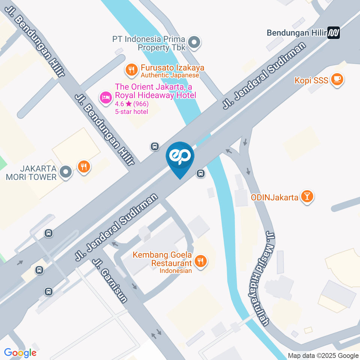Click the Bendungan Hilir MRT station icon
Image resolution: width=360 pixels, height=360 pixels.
(x=333, y=33)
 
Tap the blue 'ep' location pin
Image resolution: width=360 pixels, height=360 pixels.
(x=180, y=157)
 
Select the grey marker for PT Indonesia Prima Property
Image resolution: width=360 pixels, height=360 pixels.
(x=194, y=43)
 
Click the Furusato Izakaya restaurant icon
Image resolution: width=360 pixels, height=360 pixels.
(x=131, y=69)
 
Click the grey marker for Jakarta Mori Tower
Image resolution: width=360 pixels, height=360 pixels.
(x=66, y=172)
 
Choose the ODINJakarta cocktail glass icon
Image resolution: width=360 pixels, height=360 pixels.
(x=307, y=196)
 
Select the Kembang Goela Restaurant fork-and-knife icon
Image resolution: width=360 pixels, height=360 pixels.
(x=201, y=261)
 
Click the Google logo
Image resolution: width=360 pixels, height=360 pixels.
(x=20, y=352)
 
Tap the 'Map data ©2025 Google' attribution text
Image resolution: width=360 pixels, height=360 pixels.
(x=323, y=355)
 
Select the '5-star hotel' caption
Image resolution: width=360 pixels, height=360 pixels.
(x=131, y=112)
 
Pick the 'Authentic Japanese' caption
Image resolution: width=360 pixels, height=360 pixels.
(x=169, y=75)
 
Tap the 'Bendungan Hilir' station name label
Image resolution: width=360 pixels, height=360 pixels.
(x=296, y=33)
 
